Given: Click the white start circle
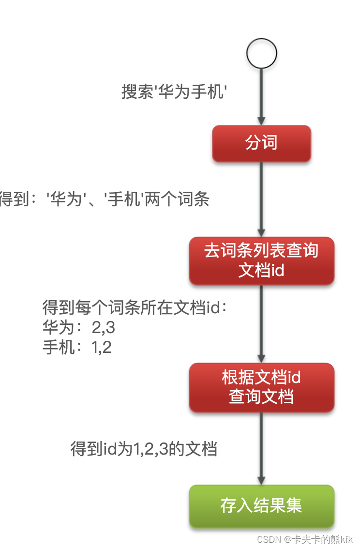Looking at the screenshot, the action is pos(261,53).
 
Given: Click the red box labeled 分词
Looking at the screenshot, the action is pos(261,143).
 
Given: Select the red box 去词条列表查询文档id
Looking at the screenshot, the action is pos(261,260).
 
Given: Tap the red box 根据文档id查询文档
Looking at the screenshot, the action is pos(261,387).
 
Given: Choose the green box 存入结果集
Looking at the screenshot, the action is pos(261,506).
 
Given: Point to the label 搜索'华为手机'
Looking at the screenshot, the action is pos(174,91).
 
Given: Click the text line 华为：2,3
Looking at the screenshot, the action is pos(79,328).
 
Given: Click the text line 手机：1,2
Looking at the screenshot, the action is pos(77,347).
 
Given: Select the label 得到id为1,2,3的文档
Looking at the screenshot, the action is pos(144,449).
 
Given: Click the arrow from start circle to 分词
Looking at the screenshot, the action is pos(261,97).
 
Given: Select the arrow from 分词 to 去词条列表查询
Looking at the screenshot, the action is pos(261,198).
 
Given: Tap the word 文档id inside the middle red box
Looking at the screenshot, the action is pos(261,270).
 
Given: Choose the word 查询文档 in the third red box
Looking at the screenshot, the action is pos(261,397).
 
